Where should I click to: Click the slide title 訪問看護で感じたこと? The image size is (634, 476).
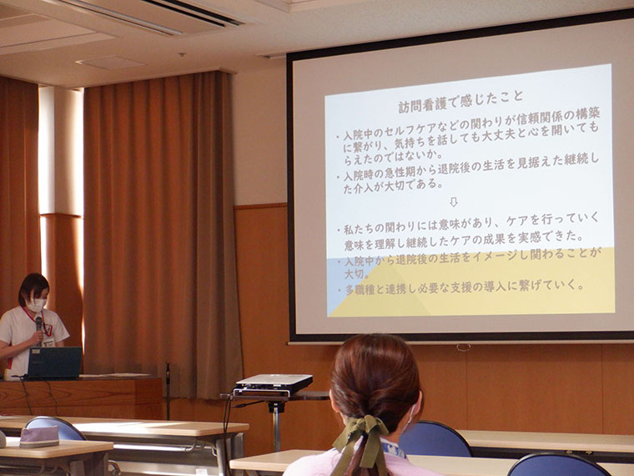(x=460, y=102)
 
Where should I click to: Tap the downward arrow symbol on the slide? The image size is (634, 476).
(x=453, y=202)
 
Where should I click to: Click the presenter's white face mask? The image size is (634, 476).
(x=37, y=305)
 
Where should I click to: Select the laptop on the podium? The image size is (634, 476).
(x=53, y=362)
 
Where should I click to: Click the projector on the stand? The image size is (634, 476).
(x=274, y=384)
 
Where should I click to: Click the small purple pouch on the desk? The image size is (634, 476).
(x=39, y=437)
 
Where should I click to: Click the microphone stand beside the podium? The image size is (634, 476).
(x=168, y=391)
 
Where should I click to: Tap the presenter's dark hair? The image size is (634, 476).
(x=33, y=286)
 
